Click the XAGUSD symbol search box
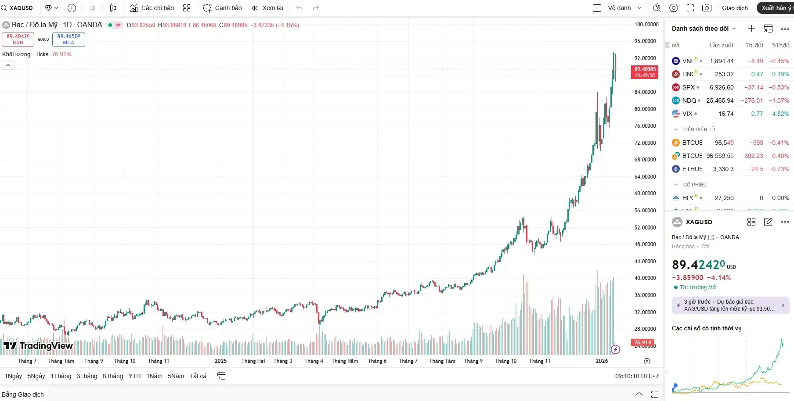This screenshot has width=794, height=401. [21, 8]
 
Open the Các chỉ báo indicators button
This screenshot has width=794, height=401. [152, 8]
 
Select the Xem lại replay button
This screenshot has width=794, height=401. [267, 8]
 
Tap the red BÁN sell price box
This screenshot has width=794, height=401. [18, 39]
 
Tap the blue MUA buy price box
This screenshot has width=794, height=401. [69, 39]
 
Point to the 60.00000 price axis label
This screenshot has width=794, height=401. [645, 193]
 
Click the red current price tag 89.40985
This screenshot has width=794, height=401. [645, 72]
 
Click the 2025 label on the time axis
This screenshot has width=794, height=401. [220, 361]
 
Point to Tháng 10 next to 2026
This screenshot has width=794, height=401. [505, 361]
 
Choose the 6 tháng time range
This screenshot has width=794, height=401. [113, 376]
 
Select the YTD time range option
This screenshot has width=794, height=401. [134, 376]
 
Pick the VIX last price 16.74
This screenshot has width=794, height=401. [726, 114]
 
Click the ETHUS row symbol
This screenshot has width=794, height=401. [692, 169]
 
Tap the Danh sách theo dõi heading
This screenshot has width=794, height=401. [700, 29]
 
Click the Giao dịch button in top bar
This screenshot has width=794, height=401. [735, 8]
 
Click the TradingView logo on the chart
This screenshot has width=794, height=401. [38, 346]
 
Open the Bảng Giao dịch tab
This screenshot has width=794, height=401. [23, 394]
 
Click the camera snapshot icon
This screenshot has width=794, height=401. [707, 8]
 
